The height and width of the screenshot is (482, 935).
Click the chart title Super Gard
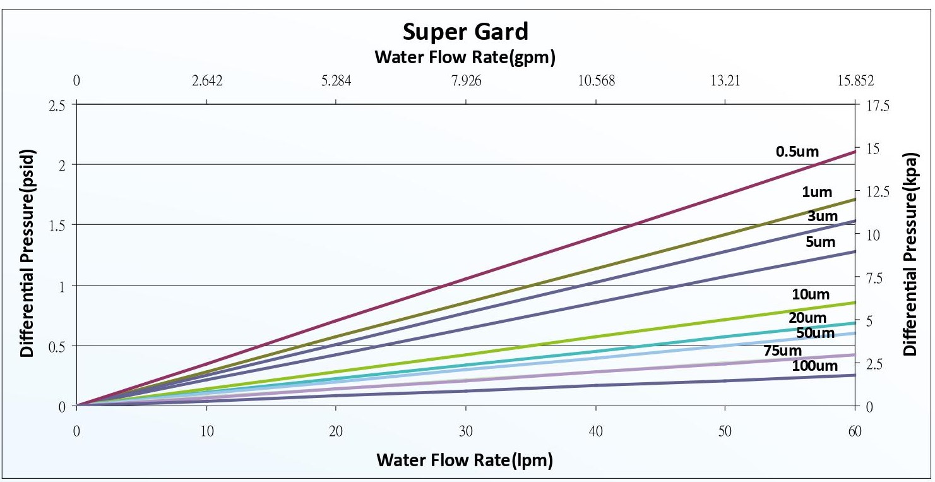(x=465, y=31)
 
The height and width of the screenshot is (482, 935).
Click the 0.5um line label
(x=797, y=152)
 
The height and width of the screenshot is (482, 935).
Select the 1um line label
(x=817, y=192)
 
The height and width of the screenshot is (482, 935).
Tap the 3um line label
(x=822, y=217)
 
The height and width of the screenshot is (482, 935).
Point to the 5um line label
(x=820, y=242)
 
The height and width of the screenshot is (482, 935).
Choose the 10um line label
(x=811, y=294)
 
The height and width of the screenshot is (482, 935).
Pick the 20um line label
(x=807, y=318)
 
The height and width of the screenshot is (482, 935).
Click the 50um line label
(x=815, y=333)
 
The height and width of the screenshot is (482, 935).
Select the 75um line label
(x=782, y=351)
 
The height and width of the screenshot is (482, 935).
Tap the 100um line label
(x=814, y=366)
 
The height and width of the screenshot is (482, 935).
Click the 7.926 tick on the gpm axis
(x=466, y=81)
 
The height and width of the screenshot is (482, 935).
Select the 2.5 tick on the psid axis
(x=57, y=105)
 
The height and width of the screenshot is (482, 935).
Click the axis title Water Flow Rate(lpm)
(x=465, y=461)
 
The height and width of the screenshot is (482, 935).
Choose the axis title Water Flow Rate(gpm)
(x=465, y=57)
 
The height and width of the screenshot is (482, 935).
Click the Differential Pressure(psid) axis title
(x=27, y=253)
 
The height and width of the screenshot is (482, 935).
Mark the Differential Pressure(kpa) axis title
(x=910, y=253)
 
